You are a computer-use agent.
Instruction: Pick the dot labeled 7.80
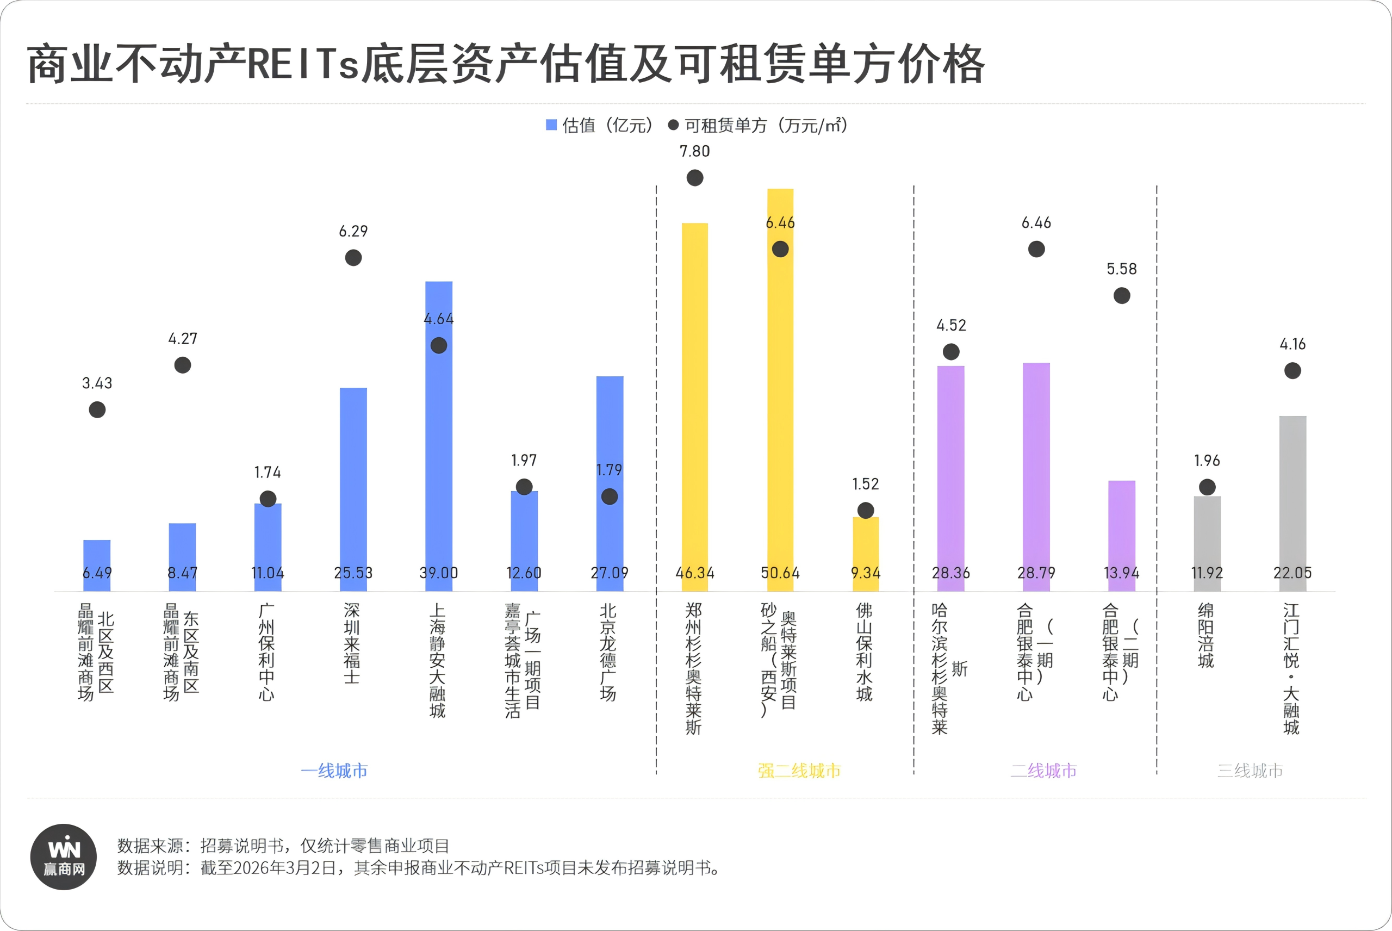coord(694,177)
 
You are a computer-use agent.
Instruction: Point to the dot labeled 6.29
coord(353,258)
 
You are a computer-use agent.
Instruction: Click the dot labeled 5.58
coord(1121,295)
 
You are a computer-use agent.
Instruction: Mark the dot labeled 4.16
coord(1292,370)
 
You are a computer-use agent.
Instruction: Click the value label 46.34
coord(694,573)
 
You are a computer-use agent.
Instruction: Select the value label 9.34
coord(866,573)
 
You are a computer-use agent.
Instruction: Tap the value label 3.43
coord(97,383)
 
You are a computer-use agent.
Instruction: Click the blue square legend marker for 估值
coord(551,125)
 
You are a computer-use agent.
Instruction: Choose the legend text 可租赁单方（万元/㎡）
coord(766,125)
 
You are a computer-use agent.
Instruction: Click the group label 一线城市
coord(334,771)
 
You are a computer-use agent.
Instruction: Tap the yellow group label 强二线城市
coord(799,771)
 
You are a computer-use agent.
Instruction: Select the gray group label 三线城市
coord(1250,771)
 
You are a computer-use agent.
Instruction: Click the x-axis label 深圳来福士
coord(351,644)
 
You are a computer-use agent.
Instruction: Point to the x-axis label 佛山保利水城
coord(864,652)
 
